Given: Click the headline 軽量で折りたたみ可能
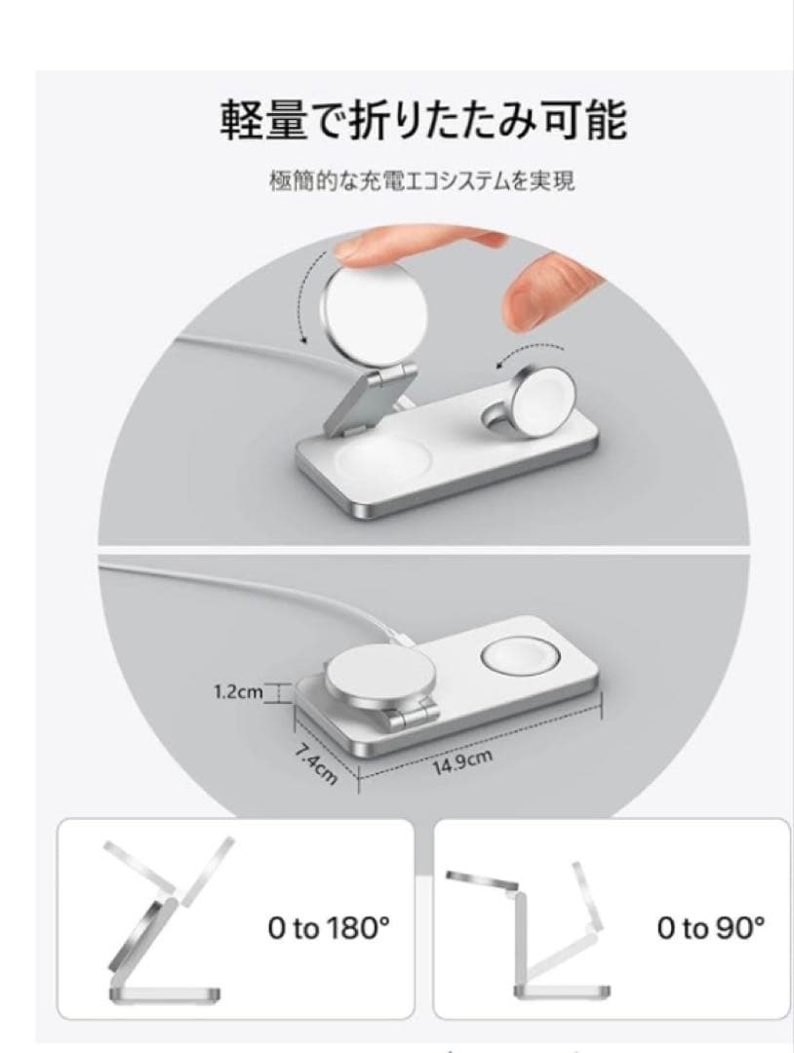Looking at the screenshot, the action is [x=423, y=120].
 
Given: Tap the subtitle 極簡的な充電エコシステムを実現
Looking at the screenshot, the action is [x=421, y=181].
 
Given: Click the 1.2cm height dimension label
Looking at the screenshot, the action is [x=238, y=691].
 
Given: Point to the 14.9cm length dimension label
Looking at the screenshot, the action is [x=462, y=761].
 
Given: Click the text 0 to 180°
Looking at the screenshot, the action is [x=329, y=928].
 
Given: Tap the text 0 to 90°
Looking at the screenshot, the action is [x=711, y=928].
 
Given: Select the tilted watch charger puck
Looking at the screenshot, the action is [x=542, y=395].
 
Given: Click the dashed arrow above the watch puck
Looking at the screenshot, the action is [x=531, y=353].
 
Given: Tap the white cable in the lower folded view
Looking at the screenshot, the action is [x=268, y=591].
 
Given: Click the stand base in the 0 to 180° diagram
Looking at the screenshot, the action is [x=164, y=994].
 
